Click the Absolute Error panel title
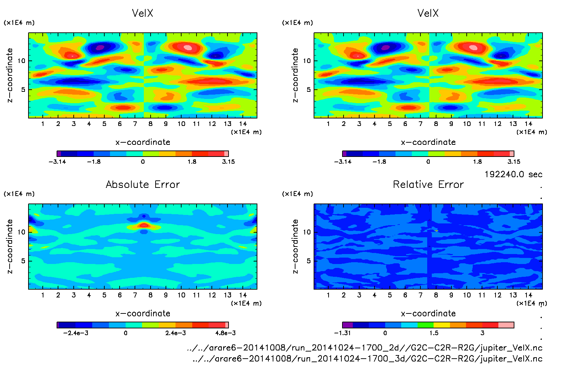click(143, 184)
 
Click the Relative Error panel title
click(428, 184)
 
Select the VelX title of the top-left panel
click(142, 13)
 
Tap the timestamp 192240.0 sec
click(513, 174)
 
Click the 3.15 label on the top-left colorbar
click(228, 162)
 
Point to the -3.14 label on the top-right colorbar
click(342, 162)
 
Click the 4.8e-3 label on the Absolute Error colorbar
click(225, 333)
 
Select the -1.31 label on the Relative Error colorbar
click(342, 333)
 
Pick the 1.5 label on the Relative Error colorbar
click(434, 333)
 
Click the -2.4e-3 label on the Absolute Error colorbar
click(75, 333)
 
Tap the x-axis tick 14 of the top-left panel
click(243, 124)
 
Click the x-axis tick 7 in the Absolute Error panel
click(135, 295)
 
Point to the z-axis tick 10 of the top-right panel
click(307, 61)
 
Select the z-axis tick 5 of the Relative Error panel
click(308, 261)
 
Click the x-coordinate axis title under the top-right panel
click(428, 142)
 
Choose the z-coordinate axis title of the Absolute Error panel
click(10, 246)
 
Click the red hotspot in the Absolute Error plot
click(144, 225)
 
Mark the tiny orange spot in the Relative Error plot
click(436, 231)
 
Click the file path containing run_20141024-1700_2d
click(365, 348)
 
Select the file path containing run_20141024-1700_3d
click(367, 359)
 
